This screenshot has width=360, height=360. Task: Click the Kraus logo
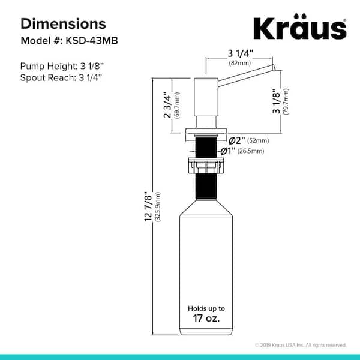(300, 26)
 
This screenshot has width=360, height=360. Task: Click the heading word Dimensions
(63, 23)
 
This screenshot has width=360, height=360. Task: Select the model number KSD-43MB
(92, 41)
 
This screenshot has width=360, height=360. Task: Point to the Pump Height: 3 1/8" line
(62, 66)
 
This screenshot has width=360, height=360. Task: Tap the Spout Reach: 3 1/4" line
(61, 77)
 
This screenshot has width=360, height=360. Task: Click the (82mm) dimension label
(239, 63)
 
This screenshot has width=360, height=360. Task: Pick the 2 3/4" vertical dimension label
(167, 105)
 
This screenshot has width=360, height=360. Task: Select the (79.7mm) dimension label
(286, 101)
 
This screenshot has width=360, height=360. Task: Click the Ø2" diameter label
(237, 140)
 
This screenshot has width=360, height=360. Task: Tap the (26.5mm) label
(251, 151)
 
